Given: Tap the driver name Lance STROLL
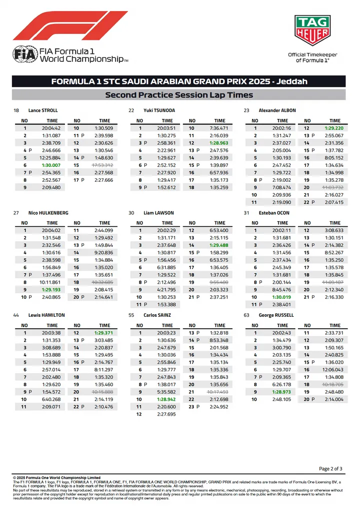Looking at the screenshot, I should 43,110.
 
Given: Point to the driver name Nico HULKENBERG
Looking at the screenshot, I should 48,213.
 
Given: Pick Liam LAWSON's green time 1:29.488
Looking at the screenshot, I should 219,245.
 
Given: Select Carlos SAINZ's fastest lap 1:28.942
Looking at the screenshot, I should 167,399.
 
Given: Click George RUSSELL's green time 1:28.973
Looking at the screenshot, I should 282,392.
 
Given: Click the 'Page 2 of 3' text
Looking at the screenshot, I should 330,469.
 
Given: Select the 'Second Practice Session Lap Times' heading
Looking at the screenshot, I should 179,95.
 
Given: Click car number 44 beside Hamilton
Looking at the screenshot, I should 16,315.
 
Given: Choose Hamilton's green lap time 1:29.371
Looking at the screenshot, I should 104,333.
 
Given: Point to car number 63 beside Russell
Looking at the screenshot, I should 246,315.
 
